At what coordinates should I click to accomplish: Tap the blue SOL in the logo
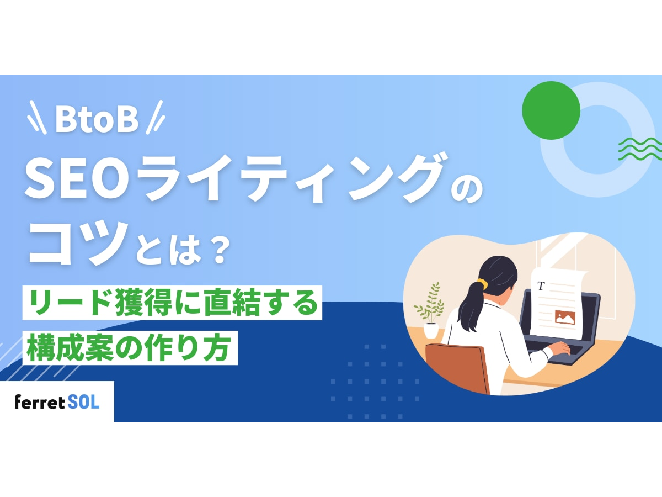click(x=83, y=402)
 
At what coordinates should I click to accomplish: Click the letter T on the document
click(x=541, y=285)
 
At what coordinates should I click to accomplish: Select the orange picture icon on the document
click(x=565, y=317)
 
